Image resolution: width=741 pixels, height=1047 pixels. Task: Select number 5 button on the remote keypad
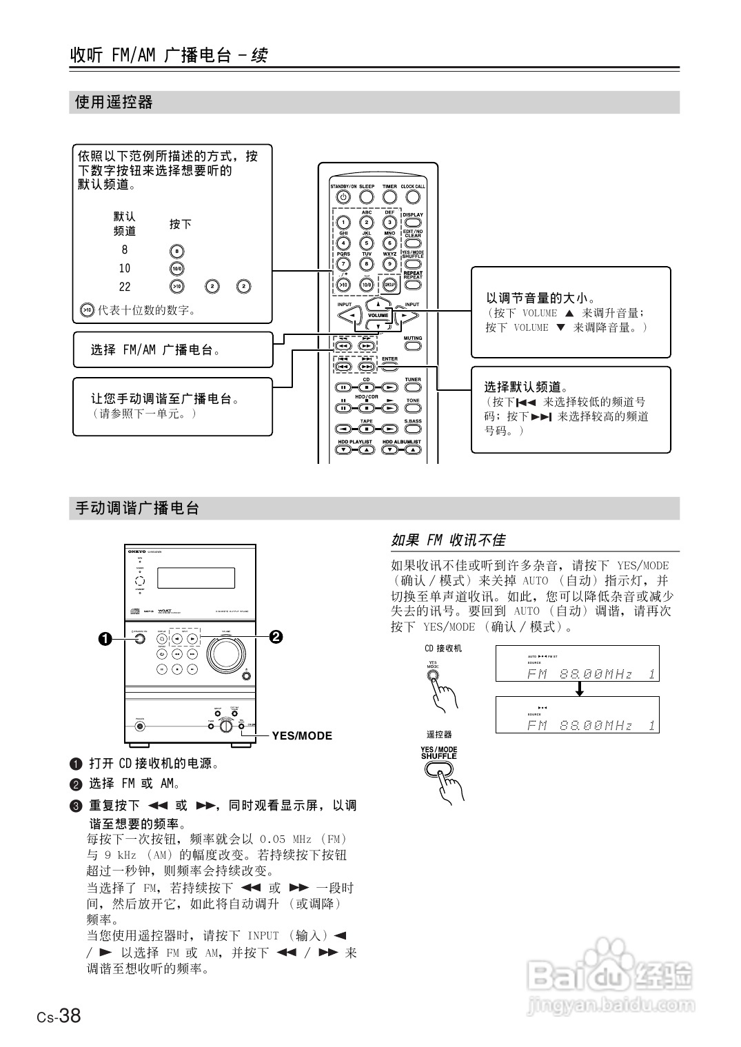pos(367,243)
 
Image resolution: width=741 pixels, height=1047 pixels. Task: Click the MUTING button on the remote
pos(413,346)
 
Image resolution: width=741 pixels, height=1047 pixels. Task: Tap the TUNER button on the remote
pos(413,387)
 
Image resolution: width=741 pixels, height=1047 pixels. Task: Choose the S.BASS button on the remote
pos(413,429)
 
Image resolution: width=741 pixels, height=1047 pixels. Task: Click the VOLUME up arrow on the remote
pos(378,304)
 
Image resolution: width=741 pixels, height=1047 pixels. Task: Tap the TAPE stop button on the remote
pos(367,429)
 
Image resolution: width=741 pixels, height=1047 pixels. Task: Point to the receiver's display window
pos(196,578)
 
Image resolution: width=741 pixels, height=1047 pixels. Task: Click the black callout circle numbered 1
pos(105,638)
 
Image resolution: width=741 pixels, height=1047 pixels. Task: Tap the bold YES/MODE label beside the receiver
pos(302,735)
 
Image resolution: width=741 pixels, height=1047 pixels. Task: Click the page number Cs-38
pos(59,1015)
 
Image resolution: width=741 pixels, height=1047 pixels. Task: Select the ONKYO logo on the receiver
pos(136,551)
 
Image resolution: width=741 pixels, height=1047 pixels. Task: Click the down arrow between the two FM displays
pos(580,689)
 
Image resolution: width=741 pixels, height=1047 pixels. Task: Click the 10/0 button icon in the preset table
pos(177,269)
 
